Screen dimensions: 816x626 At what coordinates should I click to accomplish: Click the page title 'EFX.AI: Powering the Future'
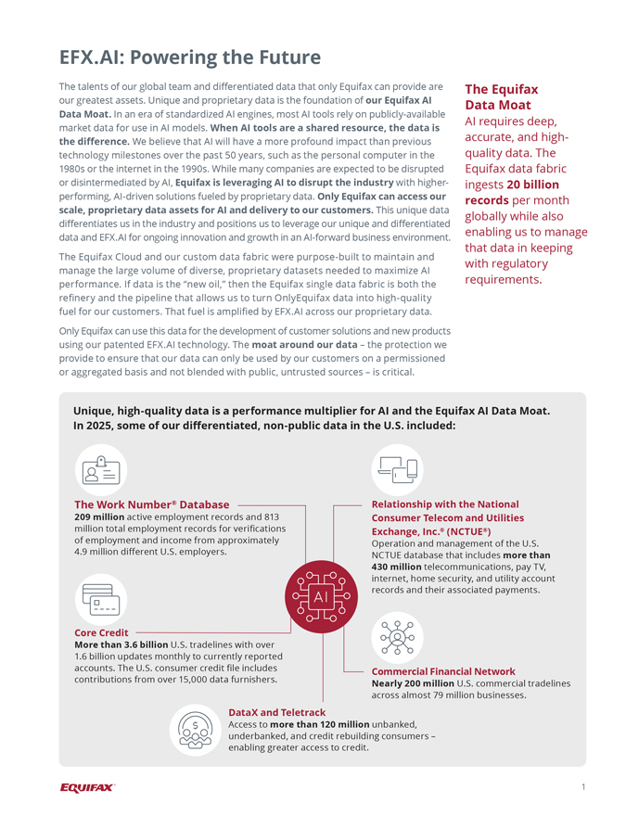coord(190,57)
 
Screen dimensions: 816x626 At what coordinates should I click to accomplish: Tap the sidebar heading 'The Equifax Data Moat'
coord(501,97)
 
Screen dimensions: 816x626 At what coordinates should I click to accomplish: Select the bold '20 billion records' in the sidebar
coord(512,192)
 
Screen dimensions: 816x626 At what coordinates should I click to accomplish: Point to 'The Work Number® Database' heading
coord(151,504)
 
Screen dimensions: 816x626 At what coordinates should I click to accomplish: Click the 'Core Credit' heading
coord(101,632)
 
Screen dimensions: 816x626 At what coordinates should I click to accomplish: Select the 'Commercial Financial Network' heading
coord(442,671)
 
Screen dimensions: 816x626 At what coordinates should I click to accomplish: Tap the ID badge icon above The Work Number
coord(100,470)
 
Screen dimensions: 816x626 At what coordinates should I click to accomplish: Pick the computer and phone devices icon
coord(398,470)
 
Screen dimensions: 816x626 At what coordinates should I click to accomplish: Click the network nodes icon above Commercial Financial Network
coord(398,637)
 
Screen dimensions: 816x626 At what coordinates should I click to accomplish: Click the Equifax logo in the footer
coord(87,787)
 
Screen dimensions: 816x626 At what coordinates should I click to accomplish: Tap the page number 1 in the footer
coord(583,787)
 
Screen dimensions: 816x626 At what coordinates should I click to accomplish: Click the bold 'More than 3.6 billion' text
coord(121,644)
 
